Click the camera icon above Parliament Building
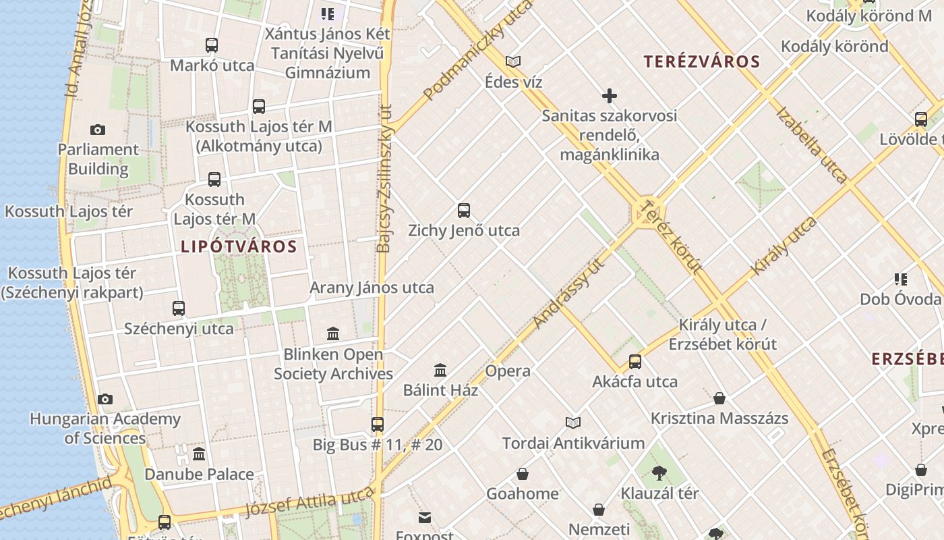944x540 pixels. [x=98, y=130]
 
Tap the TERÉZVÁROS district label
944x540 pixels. [x=702, y=62]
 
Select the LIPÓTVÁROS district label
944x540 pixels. [x=239, y=247]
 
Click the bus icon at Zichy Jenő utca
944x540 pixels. [x=464, y=210]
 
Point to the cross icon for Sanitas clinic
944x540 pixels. [x=610, y=96]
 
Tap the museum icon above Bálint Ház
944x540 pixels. [x=441, y=370]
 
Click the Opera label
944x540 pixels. [x=508, y=371]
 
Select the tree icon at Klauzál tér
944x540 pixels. [x=659, y=473]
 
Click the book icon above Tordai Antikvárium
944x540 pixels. [x=573, y=423]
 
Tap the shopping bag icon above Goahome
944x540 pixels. [x=523, y=474]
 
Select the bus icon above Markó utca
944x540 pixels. [x=212, y=45]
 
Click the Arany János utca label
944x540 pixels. [x=372, y=288]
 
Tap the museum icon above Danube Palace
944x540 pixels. [x=199, y=454]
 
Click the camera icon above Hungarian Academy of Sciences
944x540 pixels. [x=105, y=400]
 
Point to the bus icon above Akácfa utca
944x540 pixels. [x=635, y=362]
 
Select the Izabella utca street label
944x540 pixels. [x=811, y=144]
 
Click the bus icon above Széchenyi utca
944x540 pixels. [x=179, y=308]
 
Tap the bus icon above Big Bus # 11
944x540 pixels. [x=378, y=425]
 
